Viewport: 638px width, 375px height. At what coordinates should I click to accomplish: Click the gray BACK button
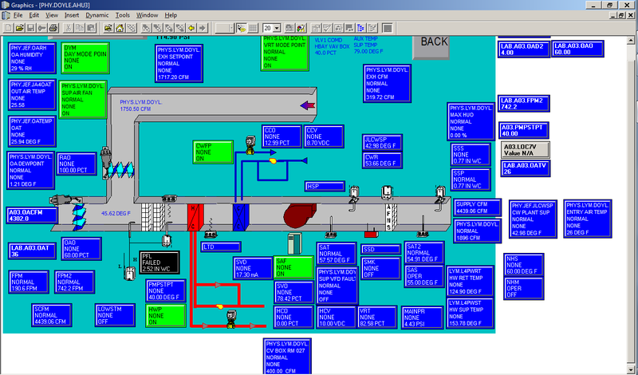pyautogui.click(x=434, y=42)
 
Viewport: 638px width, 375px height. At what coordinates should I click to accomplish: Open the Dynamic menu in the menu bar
pyautogui.click(x=97, y=15)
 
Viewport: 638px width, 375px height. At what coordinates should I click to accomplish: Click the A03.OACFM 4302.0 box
pyautogui.click(x=32, y=214)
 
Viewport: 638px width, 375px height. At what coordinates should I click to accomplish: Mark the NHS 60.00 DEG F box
pyautogui.click(x=524, y=265)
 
